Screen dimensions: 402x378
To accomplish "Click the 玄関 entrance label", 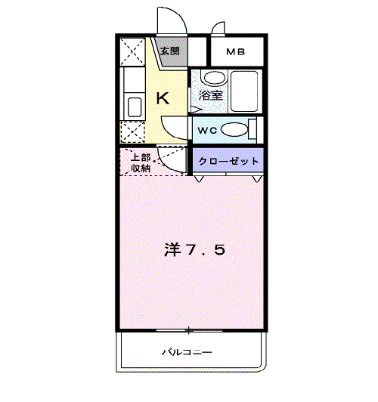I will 170,51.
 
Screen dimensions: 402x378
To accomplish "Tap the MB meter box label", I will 236,52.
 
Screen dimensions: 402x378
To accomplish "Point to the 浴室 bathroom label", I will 211,96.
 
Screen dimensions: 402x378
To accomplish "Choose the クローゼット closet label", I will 229,161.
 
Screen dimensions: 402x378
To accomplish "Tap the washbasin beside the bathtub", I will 213,78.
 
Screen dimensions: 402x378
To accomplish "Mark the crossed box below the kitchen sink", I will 134,132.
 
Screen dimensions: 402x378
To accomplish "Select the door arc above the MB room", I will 218,28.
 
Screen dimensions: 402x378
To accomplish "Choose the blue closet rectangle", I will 228,161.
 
